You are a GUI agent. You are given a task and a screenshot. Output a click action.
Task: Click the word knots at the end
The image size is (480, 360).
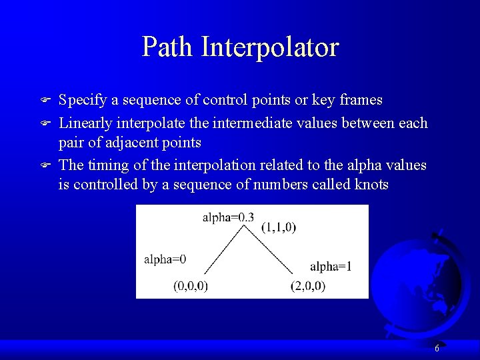(x=370, y=184)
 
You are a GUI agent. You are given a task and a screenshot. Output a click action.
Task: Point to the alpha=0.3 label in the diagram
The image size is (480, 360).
(x=228, y=217)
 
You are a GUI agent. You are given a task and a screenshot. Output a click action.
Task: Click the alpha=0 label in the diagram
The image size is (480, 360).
(x=165, y=259)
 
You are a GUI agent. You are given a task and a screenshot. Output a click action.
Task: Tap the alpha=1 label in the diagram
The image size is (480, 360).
(x=331, y=267)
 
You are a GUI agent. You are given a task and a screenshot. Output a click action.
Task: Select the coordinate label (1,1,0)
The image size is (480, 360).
(x=279, y=227)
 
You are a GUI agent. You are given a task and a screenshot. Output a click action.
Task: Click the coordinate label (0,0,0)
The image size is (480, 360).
(x=191, y=286)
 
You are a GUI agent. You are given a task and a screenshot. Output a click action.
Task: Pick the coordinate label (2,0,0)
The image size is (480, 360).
(x=308, y=286)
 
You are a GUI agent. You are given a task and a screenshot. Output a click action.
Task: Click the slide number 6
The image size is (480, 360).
(x=437, y=349)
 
